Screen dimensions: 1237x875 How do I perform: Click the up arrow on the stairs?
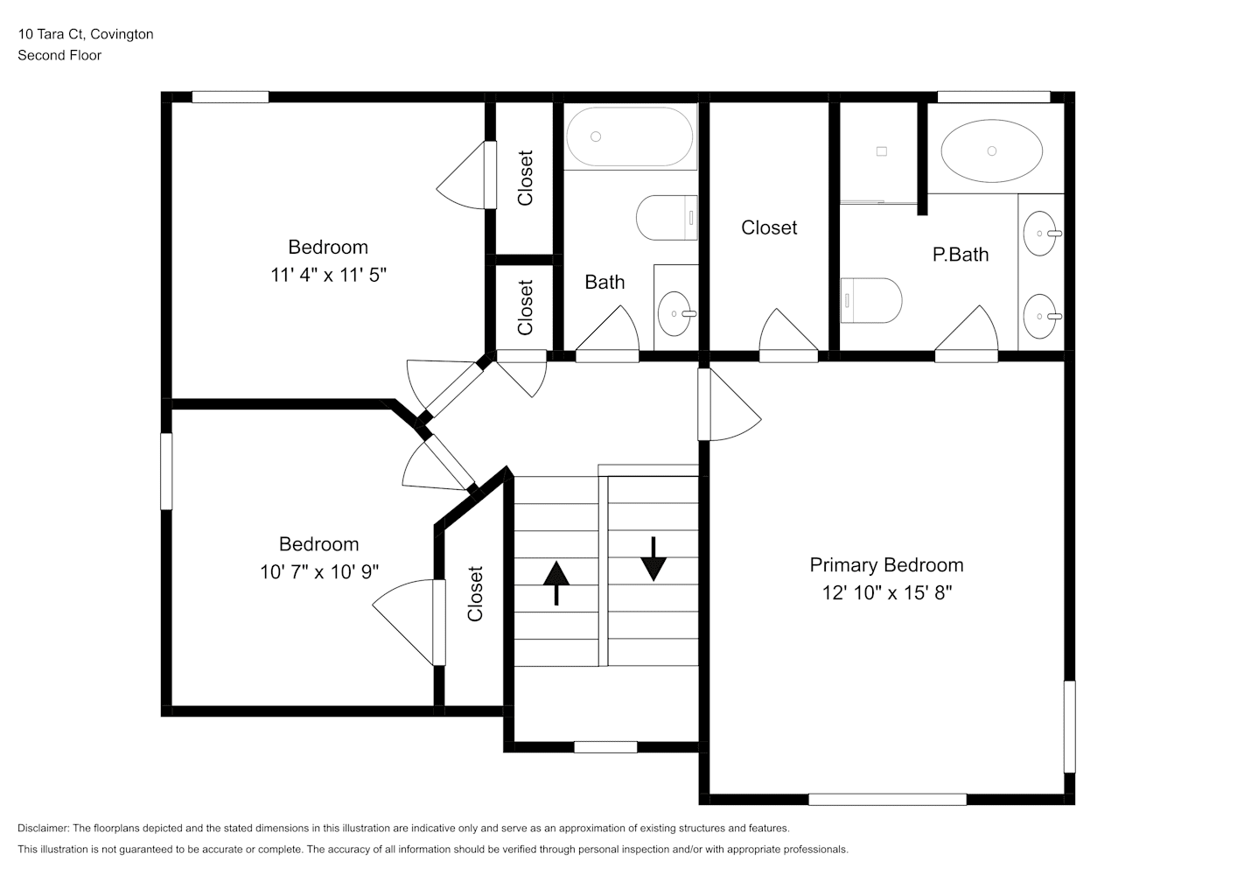tap(556, 584)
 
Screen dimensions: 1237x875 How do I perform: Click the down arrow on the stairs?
tap(653, 559)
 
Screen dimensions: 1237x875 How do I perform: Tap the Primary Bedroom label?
tap(886, 565)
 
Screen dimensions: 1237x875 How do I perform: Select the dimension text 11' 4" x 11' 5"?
tap(328, 275)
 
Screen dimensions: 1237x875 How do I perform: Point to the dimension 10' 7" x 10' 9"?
tap(319, 571)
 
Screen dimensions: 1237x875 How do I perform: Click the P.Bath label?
tap(961, 255)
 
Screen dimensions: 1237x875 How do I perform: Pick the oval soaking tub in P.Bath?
tap(992, 150)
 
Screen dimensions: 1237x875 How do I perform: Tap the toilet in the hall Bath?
tap(667, 218)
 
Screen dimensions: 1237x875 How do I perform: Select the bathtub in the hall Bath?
tap(630, 136)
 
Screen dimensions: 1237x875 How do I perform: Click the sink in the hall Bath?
tap(677, 314)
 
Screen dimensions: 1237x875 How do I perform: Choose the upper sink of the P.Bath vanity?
tap(1042, 234)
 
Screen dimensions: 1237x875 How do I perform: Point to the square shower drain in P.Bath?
tap(882, 151)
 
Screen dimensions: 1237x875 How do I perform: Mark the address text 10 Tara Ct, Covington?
tap(86, 34)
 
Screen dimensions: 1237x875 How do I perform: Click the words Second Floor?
tap(59, 55)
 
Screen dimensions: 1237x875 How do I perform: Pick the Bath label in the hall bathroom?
tap(605, 283)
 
